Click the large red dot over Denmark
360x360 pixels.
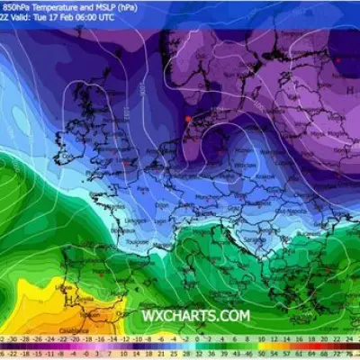tap(187, 119)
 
